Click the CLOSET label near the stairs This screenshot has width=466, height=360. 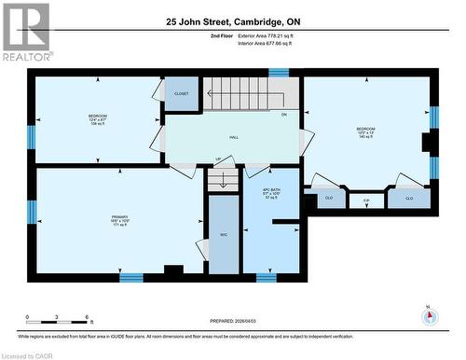(x=181, y=94)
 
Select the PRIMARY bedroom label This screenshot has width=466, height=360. (x=118, y=220)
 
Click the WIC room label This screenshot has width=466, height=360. (x=223, y=235)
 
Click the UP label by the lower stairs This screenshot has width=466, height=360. (x=217, y=159)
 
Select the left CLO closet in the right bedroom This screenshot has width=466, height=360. (x=329, y=198)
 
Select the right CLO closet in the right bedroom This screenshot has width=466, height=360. (x=409, y=198)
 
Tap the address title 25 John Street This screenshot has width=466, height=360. (x=233, y=20)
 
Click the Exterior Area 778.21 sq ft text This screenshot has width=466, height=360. (x=271, y=35)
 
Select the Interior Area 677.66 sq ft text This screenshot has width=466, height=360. (x=271, y=43)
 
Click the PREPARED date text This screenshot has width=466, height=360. (x=233, y=322)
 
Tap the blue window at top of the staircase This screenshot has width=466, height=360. (x=279, y=72)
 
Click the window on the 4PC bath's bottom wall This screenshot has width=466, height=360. (x=266, y=277)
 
